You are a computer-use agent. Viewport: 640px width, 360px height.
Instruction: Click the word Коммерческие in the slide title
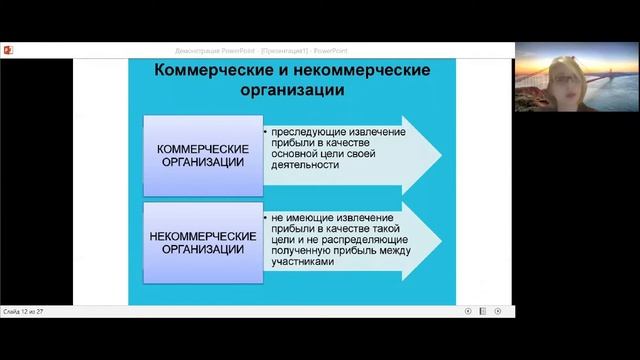[x=206, y=72]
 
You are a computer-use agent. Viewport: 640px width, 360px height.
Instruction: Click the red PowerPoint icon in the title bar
[x=8, y=49]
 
